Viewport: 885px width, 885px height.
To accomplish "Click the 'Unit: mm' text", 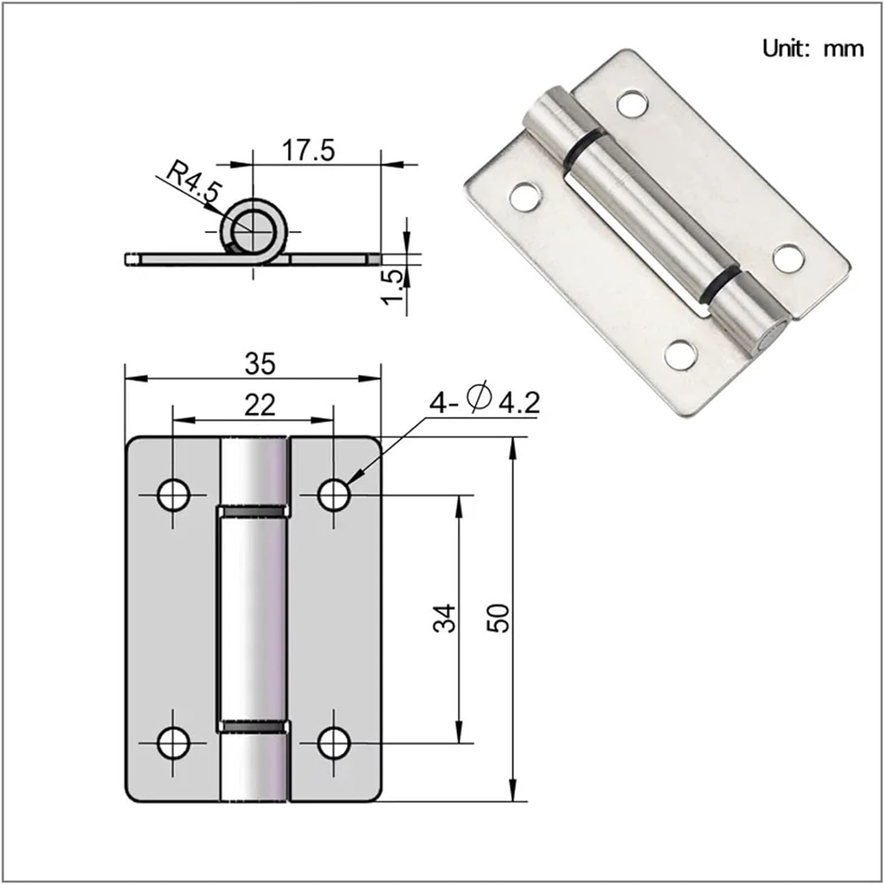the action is pos(812,48).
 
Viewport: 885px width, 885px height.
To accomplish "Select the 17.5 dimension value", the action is pos(308,150).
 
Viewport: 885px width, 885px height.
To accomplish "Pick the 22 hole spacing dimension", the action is pos(260,405).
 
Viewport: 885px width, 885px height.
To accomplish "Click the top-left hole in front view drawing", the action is pos(173,494).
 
